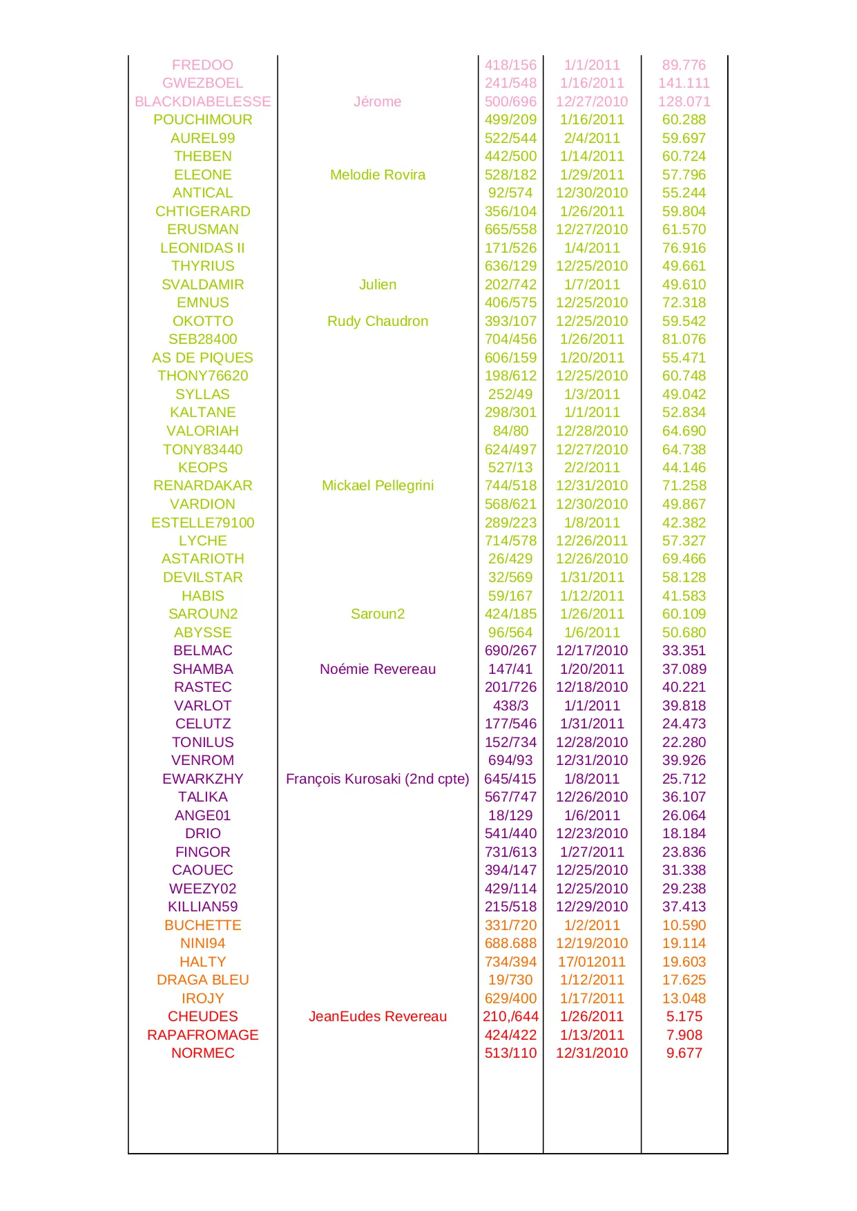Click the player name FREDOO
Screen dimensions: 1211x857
coord(202,65)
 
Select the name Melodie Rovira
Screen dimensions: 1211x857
coord(377,175)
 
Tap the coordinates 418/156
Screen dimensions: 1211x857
coord(510,65)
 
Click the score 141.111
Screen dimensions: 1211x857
coord(684,83)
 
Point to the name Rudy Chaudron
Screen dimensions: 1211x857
coord(377,321)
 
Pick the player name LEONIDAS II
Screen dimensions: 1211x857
coord(202,248)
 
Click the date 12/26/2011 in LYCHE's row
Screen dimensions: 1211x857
coord(592,541)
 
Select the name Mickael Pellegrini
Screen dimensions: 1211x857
coord(377,485)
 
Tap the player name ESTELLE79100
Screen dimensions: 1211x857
coord(202,523)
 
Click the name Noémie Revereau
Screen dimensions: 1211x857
coord(377,669)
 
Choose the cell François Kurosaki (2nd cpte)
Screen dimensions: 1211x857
coord(377,779)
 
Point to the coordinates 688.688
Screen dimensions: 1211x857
coord(510,943)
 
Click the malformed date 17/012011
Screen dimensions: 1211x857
coord(592,962)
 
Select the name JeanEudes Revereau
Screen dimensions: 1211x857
coord(377,1016)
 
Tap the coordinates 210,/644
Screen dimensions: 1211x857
coord(510,1016)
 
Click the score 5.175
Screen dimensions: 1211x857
coord(684,1016)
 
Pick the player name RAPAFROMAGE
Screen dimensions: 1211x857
coord(202,1035)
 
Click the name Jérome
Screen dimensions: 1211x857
coord(377,101)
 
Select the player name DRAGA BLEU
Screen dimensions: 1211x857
coord(202,980)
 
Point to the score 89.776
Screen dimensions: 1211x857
coord(684,65)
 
